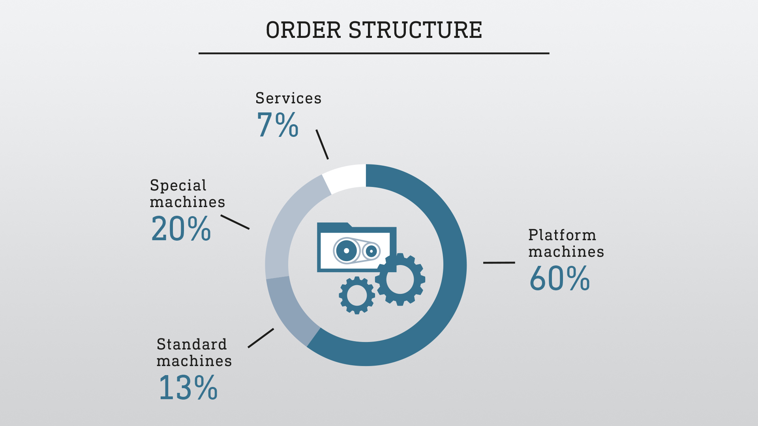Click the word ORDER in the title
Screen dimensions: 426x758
303,30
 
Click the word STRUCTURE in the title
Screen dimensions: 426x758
415,30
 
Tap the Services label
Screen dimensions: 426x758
288,98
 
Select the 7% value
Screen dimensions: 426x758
278,125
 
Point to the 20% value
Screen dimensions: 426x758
181,229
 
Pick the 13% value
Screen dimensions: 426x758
188,388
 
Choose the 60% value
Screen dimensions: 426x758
559,278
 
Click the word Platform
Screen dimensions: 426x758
562,235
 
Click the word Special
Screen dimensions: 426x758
178,185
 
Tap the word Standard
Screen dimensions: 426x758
191,344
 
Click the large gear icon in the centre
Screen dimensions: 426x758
400,279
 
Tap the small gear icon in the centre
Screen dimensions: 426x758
357,295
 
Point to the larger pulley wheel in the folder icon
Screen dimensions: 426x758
346,250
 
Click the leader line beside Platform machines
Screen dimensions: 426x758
499,262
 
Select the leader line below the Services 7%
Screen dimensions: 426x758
322,144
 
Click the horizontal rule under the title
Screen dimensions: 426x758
373,53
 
